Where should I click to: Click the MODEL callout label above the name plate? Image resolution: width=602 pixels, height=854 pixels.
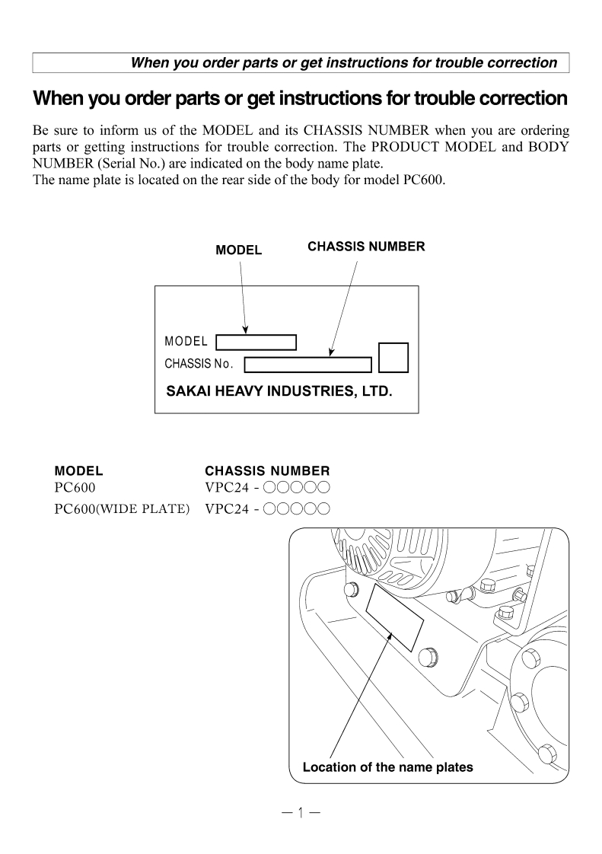pos(238,250)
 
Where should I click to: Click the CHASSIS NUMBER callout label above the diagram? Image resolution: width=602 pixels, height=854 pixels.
pos(366,247)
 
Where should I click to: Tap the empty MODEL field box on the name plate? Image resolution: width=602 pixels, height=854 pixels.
pos(256,343)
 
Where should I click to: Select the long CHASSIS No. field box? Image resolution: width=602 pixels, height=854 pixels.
pos(307,364)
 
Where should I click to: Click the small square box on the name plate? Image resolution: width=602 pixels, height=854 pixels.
pos(393,357)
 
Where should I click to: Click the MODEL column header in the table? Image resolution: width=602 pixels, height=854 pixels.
pos(79,471)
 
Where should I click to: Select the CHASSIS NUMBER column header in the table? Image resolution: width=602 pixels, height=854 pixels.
pos(267,471)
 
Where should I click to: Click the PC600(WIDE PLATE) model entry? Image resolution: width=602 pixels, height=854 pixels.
pos(122,508)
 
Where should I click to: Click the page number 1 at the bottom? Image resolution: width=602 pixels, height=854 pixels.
pos(300,813)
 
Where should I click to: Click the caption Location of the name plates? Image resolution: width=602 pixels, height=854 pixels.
pos(387,767)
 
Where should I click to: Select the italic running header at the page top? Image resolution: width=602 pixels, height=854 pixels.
pos(344,62)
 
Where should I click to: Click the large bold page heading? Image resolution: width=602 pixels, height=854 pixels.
pos(301,99)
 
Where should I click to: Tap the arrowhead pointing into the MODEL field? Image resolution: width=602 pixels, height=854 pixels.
pos(245,330)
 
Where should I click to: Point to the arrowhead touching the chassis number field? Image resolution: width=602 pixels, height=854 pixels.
pos(330,352)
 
